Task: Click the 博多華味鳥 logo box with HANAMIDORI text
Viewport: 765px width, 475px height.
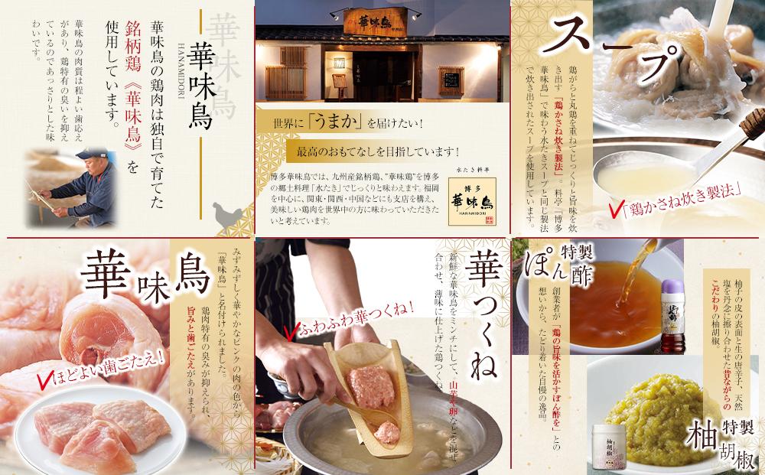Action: pyautogui.click(x=464, y=200)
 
